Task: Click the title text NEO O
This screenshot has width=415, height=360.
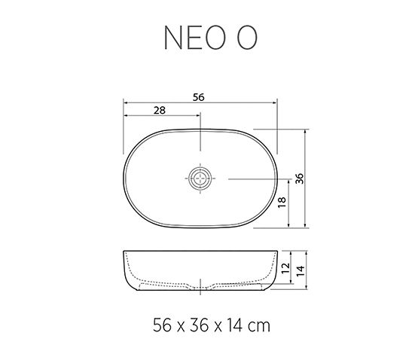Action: point(207,38)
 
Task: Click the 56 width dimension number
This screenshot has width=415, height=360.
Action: point(199,96)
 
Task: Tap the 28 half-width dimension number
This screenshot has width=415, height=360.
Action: point(159,109)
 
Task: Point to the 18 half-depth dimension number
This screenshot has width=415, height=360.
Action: point(282,203)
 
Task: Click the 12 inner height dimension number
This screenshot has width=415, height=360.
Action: point(285,268)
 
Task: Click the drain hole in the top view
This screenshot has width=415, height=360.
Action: point(200,178)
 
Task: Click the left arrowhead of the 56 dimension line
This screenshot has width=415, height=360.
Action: point(124,102)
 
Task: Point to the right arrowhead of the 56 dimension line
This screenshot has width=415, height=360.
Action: point(276,102)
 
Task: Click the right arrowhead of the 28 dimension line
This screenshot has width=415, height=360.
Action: point(199,115)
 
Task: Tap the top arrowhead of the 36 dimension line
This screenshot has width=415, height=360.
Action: point(306,131)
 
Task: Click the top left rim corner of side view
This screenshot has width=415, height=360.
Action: point(124,252)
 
